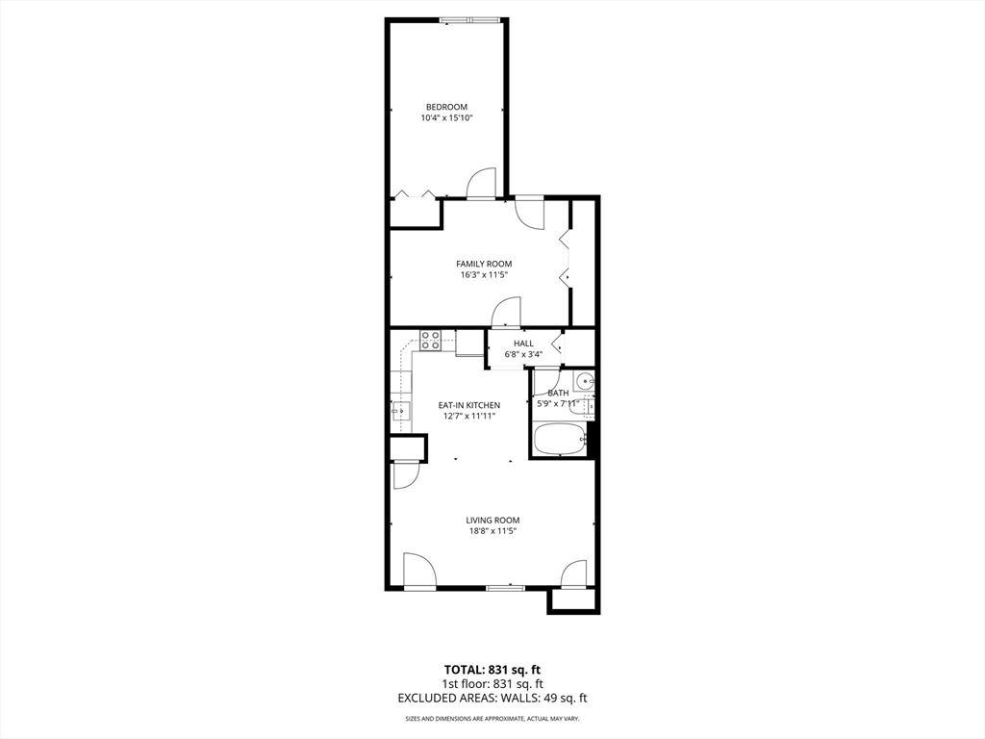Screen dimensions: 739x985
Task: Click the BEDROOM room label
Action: (446, 107)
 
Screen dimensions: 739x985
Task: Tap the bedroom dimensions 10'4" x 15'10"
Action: (446, 118)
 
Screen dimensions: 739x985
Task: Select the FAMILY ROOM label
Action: (484, 264)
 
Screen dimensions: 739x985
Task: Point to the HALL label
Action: (523, 344)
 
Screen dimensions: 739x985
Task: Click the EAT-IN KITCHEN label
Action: (469, 405)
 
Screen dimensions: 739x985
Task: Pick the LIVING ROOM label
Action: (492, 521)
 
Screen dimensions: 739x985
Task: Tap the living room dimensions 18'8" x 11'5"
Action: (492, 531)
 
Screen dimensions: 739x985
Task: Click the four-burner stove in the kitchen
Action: (431, 340)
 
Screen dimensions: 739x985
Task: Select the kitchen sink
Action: (399, 413)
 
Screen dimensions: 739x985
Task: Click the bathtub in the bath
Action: (559, 442)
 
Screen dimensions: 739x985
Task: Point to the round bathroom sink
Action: (586, 382)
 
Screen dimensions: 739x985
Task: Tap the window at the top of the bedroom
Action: (470, 20)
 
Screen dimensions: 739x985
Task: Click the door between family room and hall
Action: (506, 313)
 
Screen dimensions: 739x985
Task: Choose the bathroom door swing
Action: (546, 379)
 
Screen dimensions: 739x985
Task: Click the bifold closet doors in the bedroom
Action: (415, 194)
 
